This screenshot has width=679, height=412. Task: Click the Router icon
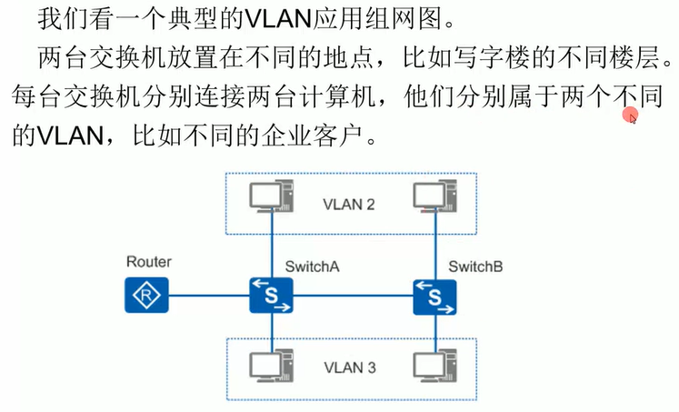(x=144, y=295)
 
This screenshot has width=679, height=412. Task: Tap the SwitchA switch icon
(x=271, y=295)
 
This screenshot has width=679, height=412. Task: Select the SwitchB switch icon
(x=435, y=295)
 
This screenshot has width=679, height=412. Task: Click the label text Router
(x=149, y=262)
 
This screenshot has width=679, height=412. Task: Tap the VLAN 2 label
(x=349, y=203)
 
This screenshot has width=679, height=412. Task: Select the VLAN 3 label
(x=349, y=368)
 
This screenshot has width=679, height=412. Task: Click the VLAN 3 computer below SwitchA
(x=272, y=365)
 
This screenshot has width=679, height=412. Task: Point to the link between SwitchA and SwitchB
(x=353, y=295)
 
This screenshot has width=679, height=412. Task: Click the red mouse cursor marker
(x=630, y=115)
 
